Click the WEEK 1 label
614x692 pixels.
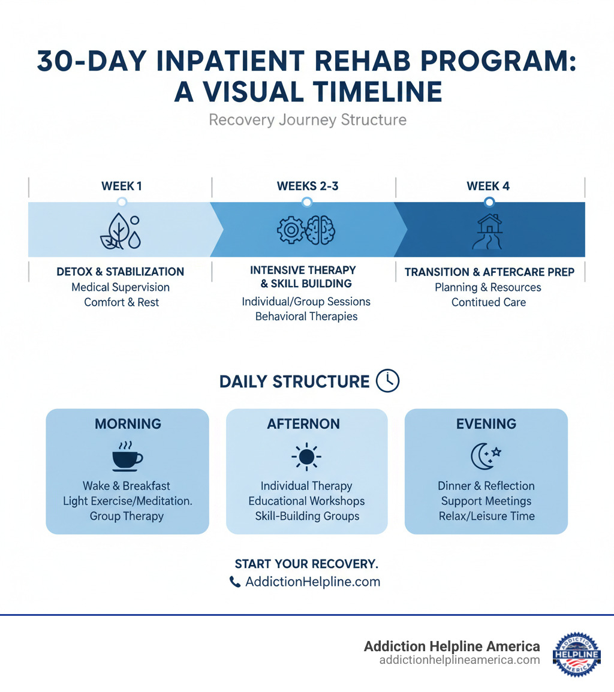click(x=122, y=186)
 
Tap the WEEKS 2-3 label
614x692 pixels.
click(x=308, y=186)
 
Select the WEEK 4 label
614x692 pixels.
click(x=488, y=186)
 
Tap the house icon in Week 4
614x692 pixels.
click(x=489, y=231)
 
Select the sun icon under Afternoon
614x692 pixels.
click(x=306, y=457)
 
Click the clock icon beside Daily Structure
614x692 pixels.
click(x=387, y=381)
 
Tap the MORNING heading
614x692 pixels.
click(x=128, y=424)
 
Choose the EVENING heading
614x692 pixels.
click(x=486, y=424)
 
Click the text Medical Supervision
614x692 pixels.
click(x=121, y=287)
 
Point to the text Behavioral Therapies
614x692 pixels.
click(x=306, y=316)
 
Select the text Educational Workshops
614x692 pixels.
click(x=306, y=501)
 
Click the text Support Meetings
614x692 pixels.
click(x=486, y=501)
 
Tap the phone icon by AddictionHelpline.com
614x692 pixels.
click(x=235, y=582)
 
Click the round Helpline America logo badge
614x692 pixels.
click(x=576, y=654)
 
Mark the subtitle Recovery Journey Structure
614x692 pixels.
click(x=307, y=120)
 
